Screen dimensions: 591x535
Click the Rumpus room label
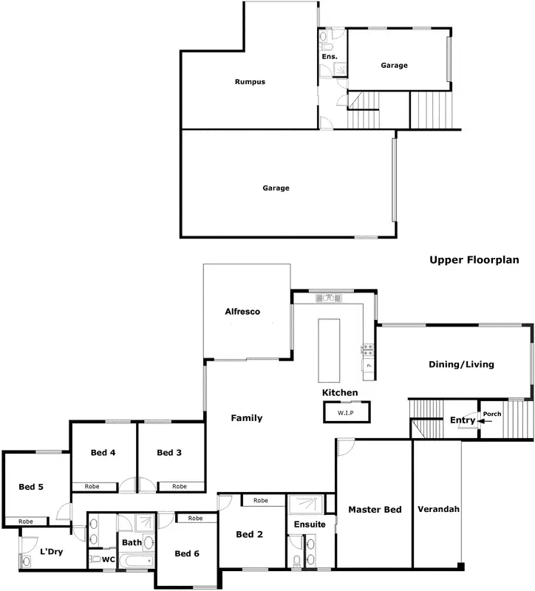tap(250, 82)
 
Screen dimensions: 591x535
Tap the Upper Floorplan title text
tap(474, 260)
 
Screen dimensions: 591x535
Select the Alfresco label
tap(242, 312)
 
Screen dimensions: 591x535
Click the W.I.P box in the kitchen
tap(346, 411)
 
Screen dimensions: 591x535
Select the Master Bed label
tap(375, 510)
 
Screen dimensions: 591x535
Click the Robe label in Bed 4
tap(92, 487)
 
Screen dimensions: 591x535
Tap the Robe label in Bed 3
tap(179, 487)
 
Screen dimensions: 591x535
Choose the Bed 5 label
tap(31, 487)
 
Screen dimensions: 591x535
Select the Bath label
tap(132, 542)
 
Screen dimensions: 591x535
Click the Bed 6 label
tap(186, 553)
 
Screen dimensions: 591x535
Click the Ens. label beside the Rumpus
tap(329, 56)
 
